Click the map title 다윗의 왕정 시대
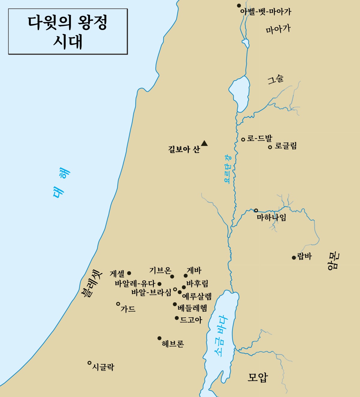coord(68,31)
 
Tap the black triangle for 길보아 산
coord(204,143)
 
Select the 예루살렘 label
coord(197,296)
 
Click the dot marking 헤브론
coord(159,338)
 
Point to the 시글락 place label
coord(103,367)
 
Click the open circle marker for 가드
coord(118,304)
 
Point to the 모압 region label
coord(257,377)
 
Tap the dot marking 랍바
coord(294,258)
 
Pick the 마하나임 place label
coord(271,217)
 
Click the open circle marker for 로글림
coord(270,147)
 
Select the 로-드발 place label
coord(259,139)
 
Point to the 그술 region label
coord(275,79)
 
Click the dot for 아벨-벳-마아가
coord(239,5)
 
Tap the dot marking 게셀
coord(129,273)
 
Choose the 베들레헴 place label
coord(192,308)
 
